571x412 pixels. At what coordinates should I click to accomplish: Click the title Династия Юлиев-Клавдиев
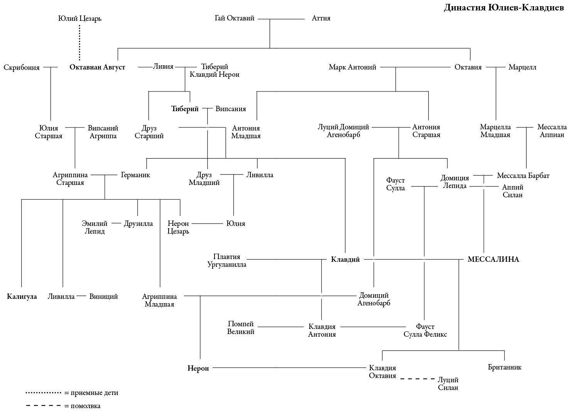[x=503, y=8]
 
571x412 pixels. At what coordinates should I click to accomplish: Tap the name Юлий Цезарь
[x=80, y=18]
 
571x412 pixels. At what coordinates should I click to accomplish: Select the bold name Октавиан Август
[x=97, y=67]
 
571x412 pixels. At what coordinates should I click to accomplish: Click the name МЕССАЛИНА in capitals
[x=493, y=259]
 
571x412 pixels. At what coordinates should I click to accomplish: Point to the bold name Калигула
[x=22, y=297]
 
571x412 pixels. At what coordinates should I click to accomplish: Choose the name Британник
[x=505, y=367]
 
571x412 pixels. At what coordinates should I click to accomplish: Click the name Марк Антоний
[x=352, y=67]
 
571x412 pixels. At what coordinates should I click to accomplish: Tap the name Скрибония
[x=22, y=68]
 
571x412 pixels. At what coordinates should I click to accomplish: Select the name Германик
[x=135, y=175]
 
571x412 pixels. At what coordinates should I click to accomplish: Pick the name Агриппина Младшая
[x=159, y=300]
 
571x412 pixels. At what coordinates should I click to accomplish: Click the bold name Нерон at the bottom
[x=198, y=368]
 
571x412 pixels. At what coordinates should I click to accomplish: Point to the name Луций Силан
[x=448, y=384]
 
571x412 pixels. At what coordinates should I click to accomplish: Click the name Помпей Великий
[x=241, y=328]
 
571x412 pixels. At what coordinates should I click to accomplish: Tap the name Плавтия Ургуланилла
[x=227, y=261]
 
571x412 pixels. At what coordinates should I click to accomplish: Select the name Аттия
[x=321, y=18]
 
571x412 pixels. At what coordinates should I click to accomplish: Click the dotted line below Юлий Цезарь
[x=80, y=42]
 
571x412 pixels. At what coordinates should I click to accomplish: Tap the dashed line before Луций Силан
[x=417, y=379]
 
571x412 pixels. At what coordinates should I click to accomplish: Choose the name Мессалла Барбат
[x=523, y=176]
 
